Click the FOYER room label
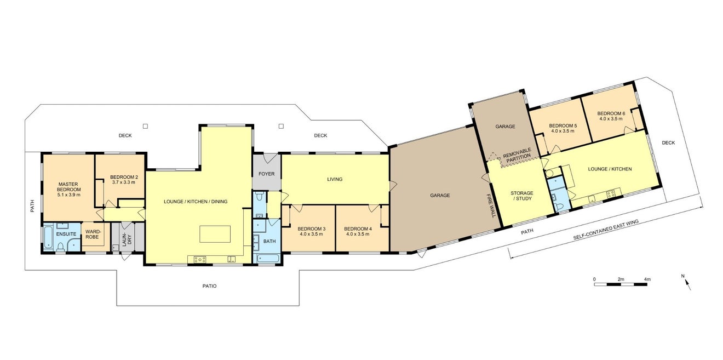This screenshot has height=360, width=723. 267,174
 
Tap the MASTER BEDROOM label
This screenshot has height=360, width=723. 69,187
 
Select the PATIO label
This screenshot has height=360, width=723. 209,286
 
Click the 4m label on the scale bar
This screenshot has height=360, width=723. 647,279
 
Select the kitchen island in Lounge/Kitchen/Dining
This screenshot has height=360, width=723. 215,234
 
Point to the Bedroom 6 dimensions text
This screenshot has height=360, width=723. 611,118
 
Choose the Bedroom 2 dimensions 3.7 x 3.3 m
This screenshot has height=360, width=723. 124,182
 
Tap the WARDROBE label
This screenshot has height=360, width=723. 93,235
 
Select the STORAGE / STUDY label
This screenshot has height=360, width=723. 522,196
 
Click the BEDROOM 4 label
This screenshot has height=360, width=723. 358,228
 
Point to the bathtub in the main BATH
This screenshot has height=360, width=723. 268,258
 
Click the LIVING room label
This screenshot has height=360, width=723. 335,179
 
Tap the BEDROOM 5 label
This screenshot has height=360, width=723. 563,125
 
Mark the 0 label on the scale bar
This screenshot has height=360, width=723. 594,279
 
